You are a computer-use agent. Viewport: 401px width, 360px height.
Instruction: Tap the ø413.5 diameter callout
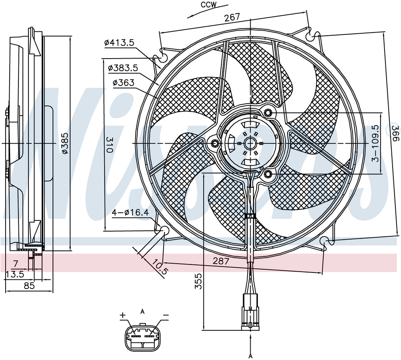119,42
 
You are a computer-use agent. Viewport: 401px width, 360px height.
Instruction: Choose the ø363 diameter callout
123,83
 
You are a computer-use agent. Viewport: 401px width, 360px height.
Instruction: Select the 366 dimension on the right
395,133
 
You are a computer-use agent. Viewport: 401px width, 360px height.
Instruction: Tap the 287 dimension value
221,261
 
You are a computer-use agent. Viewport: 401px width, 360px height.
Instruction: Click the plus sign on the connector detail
123,315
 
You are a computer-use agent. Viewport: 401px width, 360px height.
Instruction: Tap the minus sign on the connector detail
166,316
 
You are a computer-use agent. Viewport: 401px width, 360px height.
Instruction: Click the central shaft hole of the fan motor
250,143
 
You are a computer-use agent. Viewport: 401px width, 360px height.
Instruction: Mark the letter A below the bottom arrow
250,356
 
